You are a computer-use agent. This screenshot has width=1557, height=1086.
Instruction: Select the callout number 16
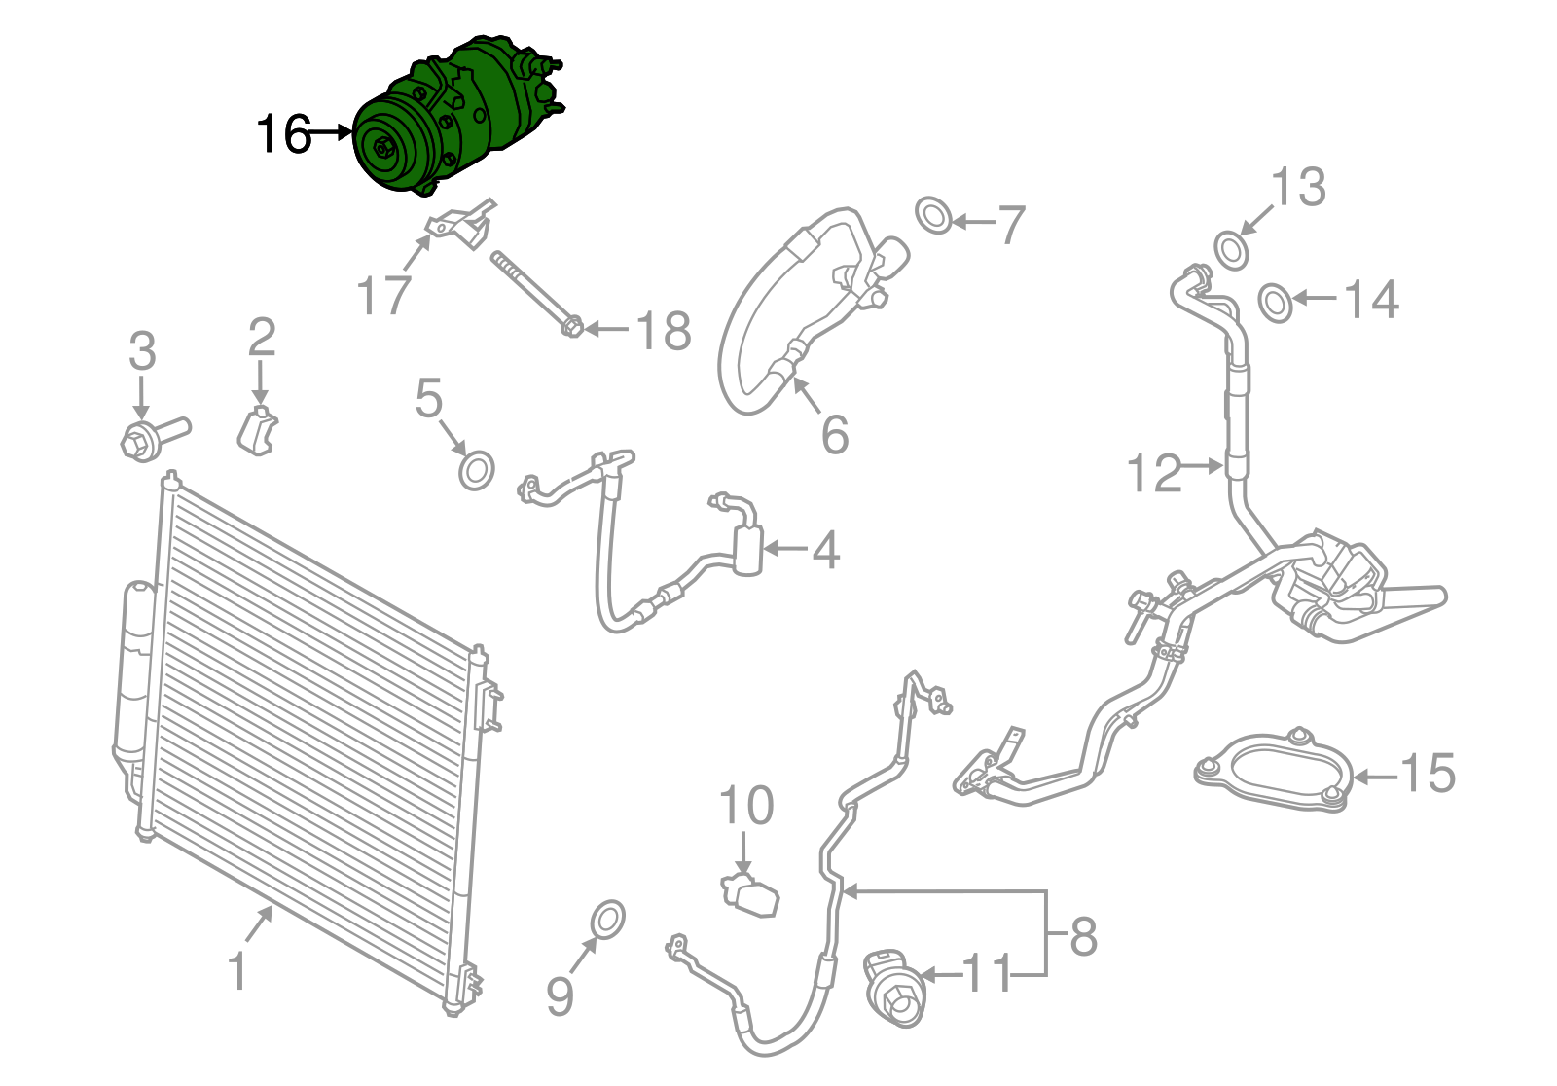283,134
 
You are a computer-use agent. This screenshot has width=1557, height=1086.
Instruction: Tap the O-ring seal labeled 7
934,215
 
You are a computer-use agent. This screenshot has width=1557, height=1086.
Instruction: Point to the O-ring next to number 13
1232,249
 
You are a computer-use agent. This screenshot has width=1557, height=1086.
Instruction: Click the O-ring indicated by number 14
1276,303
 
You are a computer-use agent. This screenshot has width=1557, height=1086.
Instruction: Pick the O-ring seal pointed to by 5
476,471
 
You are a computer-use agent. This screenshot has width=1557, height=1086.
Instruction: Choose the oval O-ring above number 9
608,921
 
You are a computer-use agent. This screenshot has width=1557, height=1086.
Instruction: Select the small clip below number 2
258,432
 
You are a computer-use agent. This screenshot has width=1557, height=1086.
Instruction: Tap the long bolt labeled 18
533,293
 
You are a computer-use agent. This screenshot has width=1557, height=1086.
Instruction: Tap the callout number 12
1153,474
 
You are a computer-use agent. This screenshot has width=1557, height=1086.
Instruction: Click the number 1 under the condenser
236,971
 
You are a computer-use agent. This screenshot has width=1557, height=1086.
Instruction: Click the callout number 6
834,434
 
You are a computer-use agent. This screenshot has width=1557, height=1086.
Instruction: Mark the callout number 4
825,551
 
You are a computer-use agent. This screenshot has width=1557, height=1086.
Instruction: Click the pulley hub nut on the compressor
381,149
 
